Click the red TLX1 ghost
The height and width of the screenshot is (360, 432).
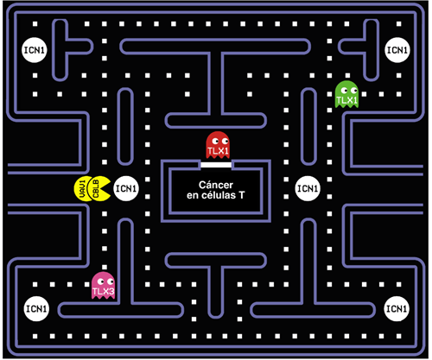218,145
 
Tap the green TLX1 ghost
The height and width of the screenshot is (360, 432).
346,94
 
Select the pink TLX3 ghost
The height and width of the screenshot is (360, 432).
103,286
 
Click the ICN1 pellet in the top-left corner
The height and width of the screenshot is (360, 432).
35,50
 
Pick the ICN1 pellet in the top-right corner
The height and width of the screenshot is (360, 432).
397,50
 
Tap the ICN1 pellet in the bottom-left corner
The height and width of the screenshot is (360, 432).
36,309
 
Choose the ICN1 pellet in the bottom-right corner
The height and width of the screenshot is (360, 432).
397,309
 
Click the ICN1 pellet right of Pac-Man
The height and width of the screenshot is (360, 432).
126,188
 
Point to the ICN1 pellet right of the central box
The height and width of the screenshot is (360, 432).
308,188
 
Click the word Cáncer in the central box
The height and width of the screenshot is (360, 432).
216,185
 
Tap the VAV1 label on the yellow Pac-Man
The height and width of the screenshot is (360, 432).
82,189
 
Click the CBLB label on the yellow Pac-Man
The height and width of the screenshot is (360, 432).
96,189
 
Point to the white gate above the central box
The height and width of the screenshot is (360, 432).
216,165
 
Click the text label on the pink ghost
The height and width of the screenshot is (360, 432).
103,292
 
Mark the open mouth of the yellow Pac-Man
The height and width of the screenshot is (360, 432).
108,189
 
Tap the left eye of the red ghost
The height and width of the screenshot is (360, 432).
215,141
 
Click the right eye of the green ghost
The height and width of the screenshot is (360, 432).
353,91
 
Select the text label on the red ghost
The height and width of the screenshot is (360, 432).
218,151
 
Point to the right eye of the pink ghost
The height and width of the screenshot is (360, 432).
110,281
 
